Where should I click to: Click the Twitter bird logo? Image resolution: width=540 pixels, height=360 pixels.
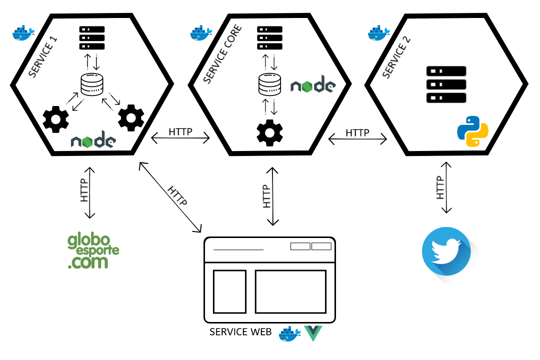coord(446,251)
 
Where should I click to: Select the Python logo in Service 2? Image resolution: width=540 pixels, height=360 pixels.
coord(472,131)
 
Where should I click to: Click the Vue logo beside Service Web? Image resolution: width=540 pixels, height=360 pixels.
coord(313,333)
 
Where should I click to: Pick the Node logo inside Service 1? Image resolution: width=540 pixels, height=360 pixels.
coord(93,141)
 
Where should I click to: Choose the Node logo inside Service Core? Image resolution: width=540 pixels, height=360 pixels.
coord(313,85)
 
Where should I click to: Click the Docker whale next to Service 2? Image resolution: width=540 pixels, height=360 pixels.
coord(379,32)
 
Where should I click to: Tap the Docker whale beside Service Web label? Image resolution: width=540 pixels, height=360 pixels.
coord(290,333)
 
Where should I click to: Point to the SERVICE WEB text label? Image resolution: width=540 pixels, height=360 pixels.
coord(240,332)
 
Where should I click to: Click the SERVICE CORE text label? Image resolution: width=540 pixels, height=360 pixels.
coord(223,54)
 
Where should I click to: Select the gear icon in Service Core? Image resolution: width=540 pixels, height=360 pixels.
coord(269,132)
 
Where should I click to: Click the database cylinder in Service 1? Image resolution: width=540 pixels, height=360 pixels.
coord(92,85)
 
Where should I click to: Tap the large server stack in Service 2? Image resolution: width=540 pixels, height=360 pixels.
coord(446,84)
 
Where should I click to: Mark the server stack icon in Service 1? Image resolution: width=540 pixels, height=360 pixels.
coord(92,38)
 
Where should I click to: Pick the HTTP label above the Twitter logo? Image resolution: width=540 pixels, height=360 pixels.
coord(440,187)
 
